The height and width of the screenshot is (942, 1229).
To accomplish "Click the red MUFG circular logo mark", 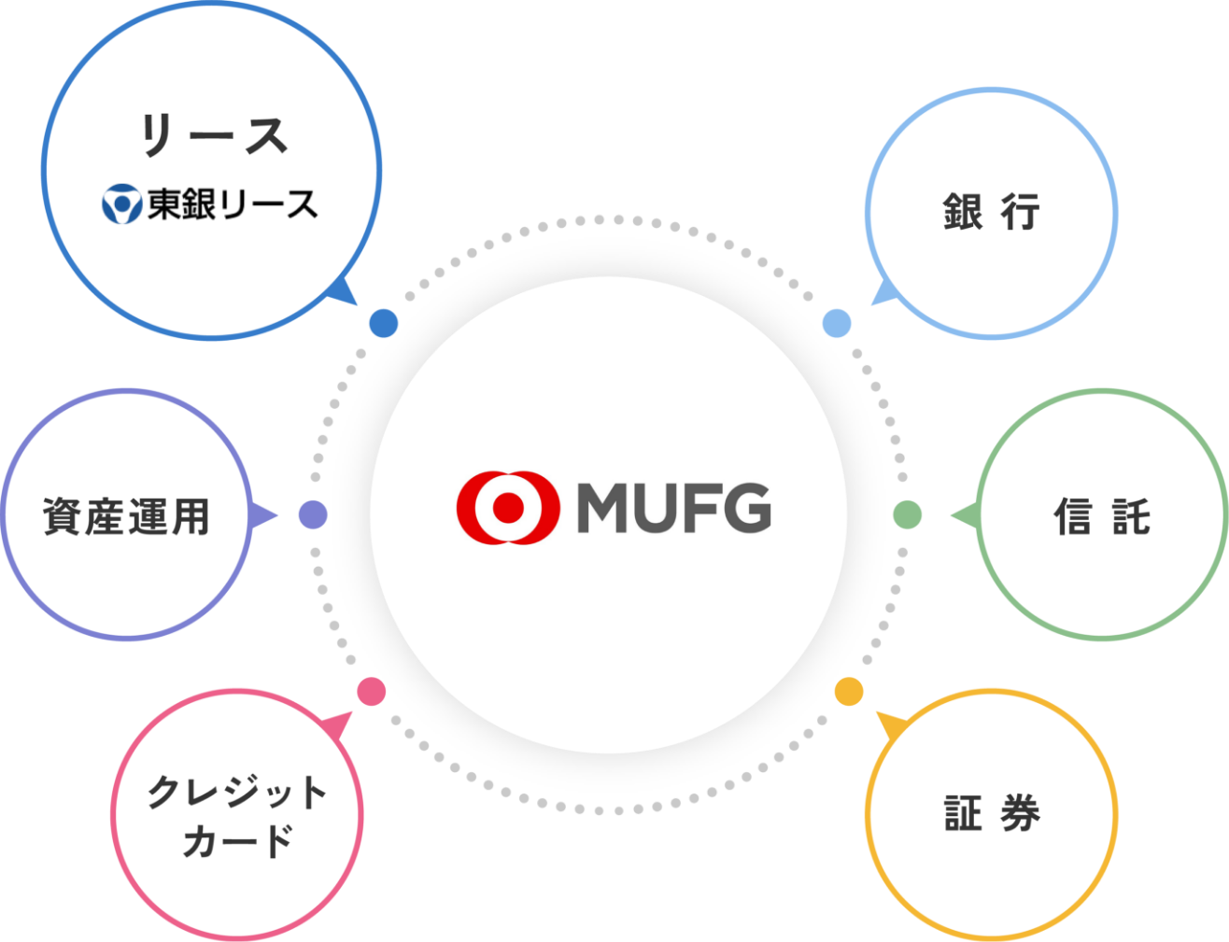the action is (508, 507).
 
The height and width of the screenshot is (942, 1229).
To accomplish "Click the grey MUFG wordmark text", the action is (673, 508).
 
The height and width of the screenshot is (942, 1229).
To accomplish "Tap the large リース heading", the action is (215, 134).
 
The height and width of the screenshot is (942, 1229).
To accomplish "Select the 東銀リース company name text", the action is (233, 204).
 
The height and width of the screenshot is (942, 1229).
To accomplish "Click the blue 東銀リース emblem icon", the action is (121, 204).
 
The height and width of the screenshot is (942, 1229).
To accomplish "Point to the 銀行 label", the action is (991, 212).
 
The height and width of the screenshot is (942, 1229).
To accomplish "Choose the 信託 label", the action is (1102, 515).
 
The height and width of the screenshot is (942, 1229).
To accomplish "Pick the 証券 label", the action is (992, 813).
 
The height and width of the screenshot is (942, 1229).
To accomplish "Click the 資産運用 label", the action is (126, 516).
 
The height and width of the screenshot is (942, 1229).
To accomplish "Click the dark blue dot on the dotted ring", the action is (384, 323).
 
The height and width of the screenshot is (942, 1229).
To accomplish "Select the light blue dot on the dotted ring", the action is (837, 323).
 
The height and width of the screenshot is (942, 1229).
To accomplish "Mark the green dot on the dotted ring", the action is (907, 514).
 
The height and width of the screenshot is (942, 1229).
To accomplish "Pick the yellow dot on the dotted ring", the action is (849, 692).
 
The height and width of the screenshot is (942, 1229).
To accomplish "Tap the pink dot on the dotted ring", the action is (372, 692).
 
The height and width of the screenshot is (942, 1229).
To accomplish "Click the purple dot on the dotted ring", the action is (313, 514).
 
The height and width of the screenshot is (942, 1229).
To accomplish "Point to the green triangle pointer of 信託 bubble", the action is (966, 515).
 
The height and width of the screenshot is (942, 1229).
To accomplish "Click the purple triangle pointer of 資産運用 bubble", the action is (261, 515).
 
